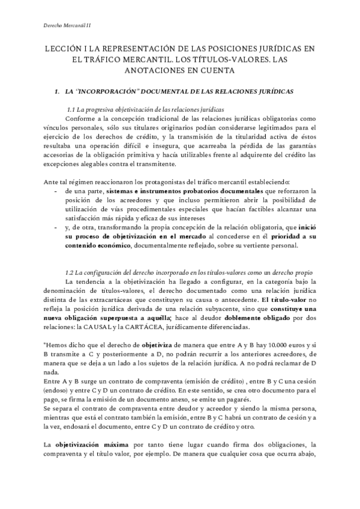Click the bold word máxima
click(x=112, y=444)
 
